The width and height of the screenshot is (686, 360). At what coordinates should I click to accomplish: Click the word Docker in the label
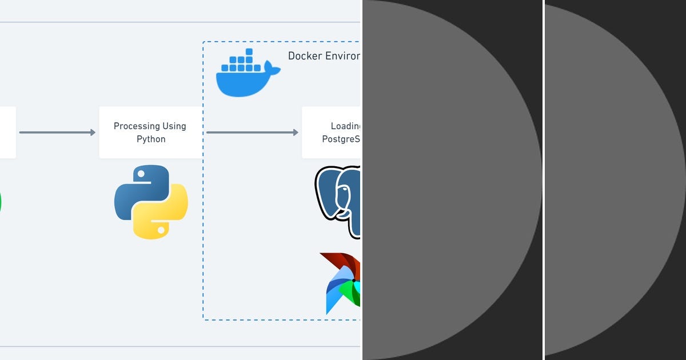304,56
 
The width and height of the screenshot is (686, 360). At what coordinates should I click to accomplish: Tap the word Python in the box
151,139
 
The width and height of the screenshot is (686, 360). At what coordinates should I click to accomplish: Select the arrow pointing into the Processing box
57,133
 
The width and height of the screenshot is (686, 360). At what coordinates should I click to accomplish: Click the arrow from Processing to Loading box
252,133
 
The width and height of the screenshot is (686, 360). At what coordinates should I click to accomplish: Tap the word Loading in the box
345,126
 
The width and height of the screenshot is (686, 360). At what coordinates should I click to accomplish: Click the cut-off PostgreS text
341,139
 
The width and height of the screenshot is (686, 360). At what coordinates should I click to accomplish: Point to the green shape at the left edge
1,203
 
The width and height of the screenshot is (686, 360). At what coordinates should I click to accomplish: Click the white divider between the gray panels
543,180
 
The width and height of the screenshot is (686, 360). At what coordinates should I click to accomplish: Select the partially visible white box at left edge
7,133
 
